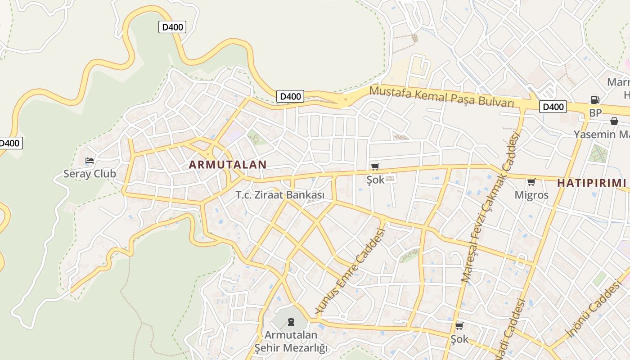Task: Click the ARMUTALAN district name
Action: (x=228, y=165)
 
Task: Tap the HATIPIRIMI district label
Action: (x=592, y=183)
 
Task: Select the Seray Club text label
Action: (x=90, y=174)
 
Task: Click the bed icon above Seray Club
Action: (x=90, y=160)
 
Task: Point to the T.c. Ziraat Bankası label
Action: (x=280, y=195)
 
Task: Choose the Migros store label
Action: (x=531, y=195)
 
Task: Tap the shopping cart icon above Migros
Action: (x=531, y=182)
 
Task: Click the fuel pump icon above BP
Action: (x=595, y=100)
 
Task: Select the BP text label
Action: (x=595, y=113)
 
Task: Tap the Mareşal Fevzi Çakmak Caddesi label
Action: (x=490, y=207)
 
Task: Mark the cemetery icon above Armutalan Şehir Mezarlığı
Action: (x=291, y=322)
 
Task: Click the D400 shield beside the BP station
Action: (x=553, y=107)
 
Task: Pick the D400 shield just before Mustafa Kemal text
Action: (x=290, y=96)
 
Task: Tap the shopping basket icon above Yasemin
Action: (x=614, y=121)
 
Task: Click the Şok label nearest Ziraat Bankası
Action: (x=375, y=180)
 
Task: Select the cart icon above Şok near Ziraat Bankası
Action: (x=375, y=167)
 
